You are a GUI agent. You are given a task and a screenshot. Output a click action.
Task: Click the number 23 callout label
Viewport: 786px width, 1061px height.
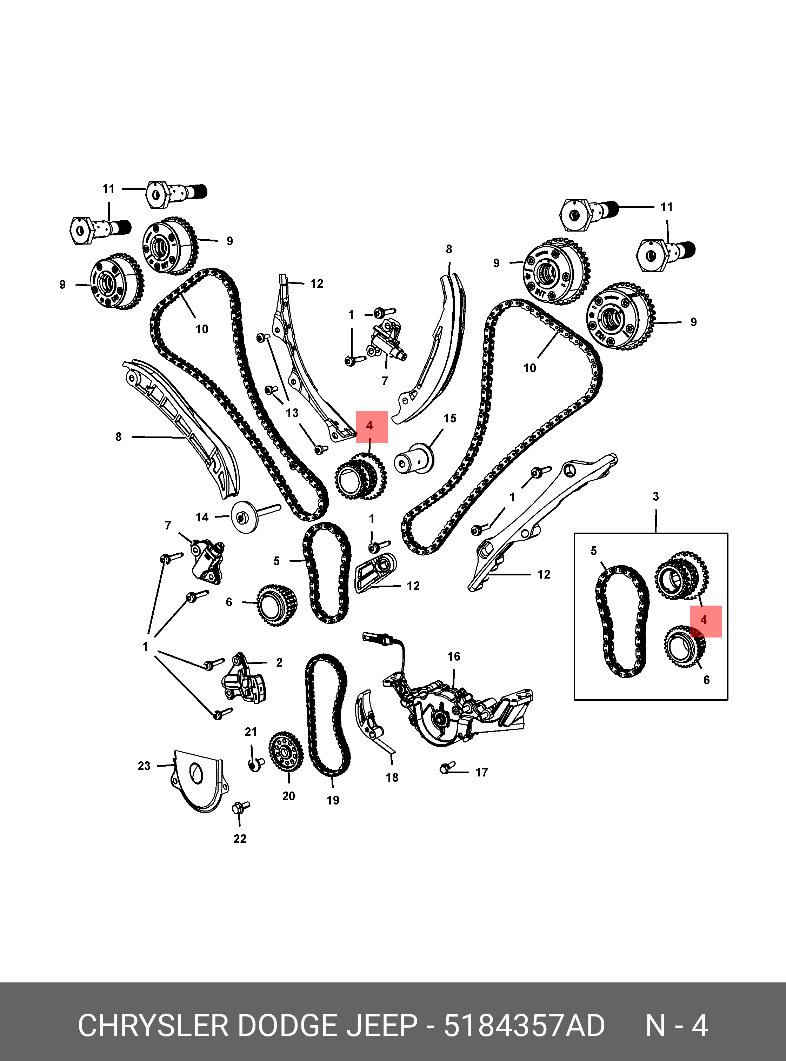144,766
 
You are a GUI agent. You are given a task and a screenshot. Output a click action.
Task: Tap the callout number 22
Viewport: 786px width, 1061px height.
240,839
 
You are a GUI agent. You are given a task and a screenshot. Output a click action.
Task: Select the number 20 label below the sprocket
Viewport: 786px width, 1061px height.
288,796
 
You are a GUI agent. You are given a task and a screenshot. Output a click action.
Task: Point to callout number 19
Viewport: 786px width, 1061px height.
333,800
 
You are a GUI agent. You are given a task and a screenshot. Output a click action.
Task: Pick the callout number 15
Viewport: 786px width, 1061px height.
449,418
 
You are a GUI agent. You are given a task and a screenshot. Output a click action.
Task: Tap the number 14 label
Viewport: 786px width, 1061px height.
202,517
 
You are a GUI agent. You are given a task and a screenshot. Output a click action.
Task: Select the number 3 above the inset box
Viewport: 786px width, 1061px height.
655,497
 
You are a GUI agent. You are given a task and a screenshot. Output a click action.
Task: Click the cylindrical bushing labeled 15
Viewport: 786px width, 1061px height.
414,459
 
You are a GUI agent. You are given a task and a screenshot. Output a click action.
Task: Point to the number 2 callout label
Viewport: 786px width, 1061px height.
279,662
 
